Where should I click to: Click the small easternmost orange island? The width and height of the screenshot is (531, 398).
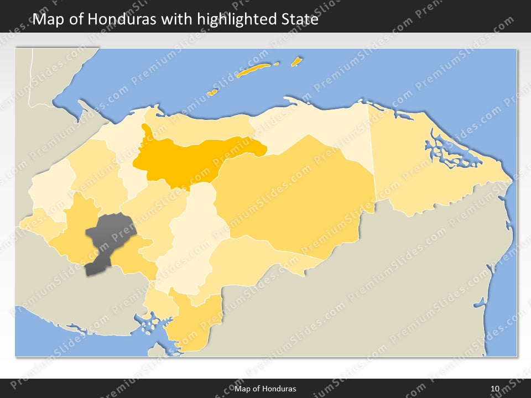click(296, 61)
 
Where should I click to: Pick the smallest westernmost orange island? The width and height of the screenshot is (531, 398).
click(212, 92)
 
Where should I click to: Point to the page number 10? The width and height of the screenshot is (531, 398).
click(495, 389)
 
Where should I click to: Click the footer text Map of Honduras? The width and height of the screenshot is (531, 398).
click(265, 389)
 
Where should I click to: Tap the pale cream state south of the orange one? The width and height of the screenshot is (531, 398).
click(196, 238)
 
